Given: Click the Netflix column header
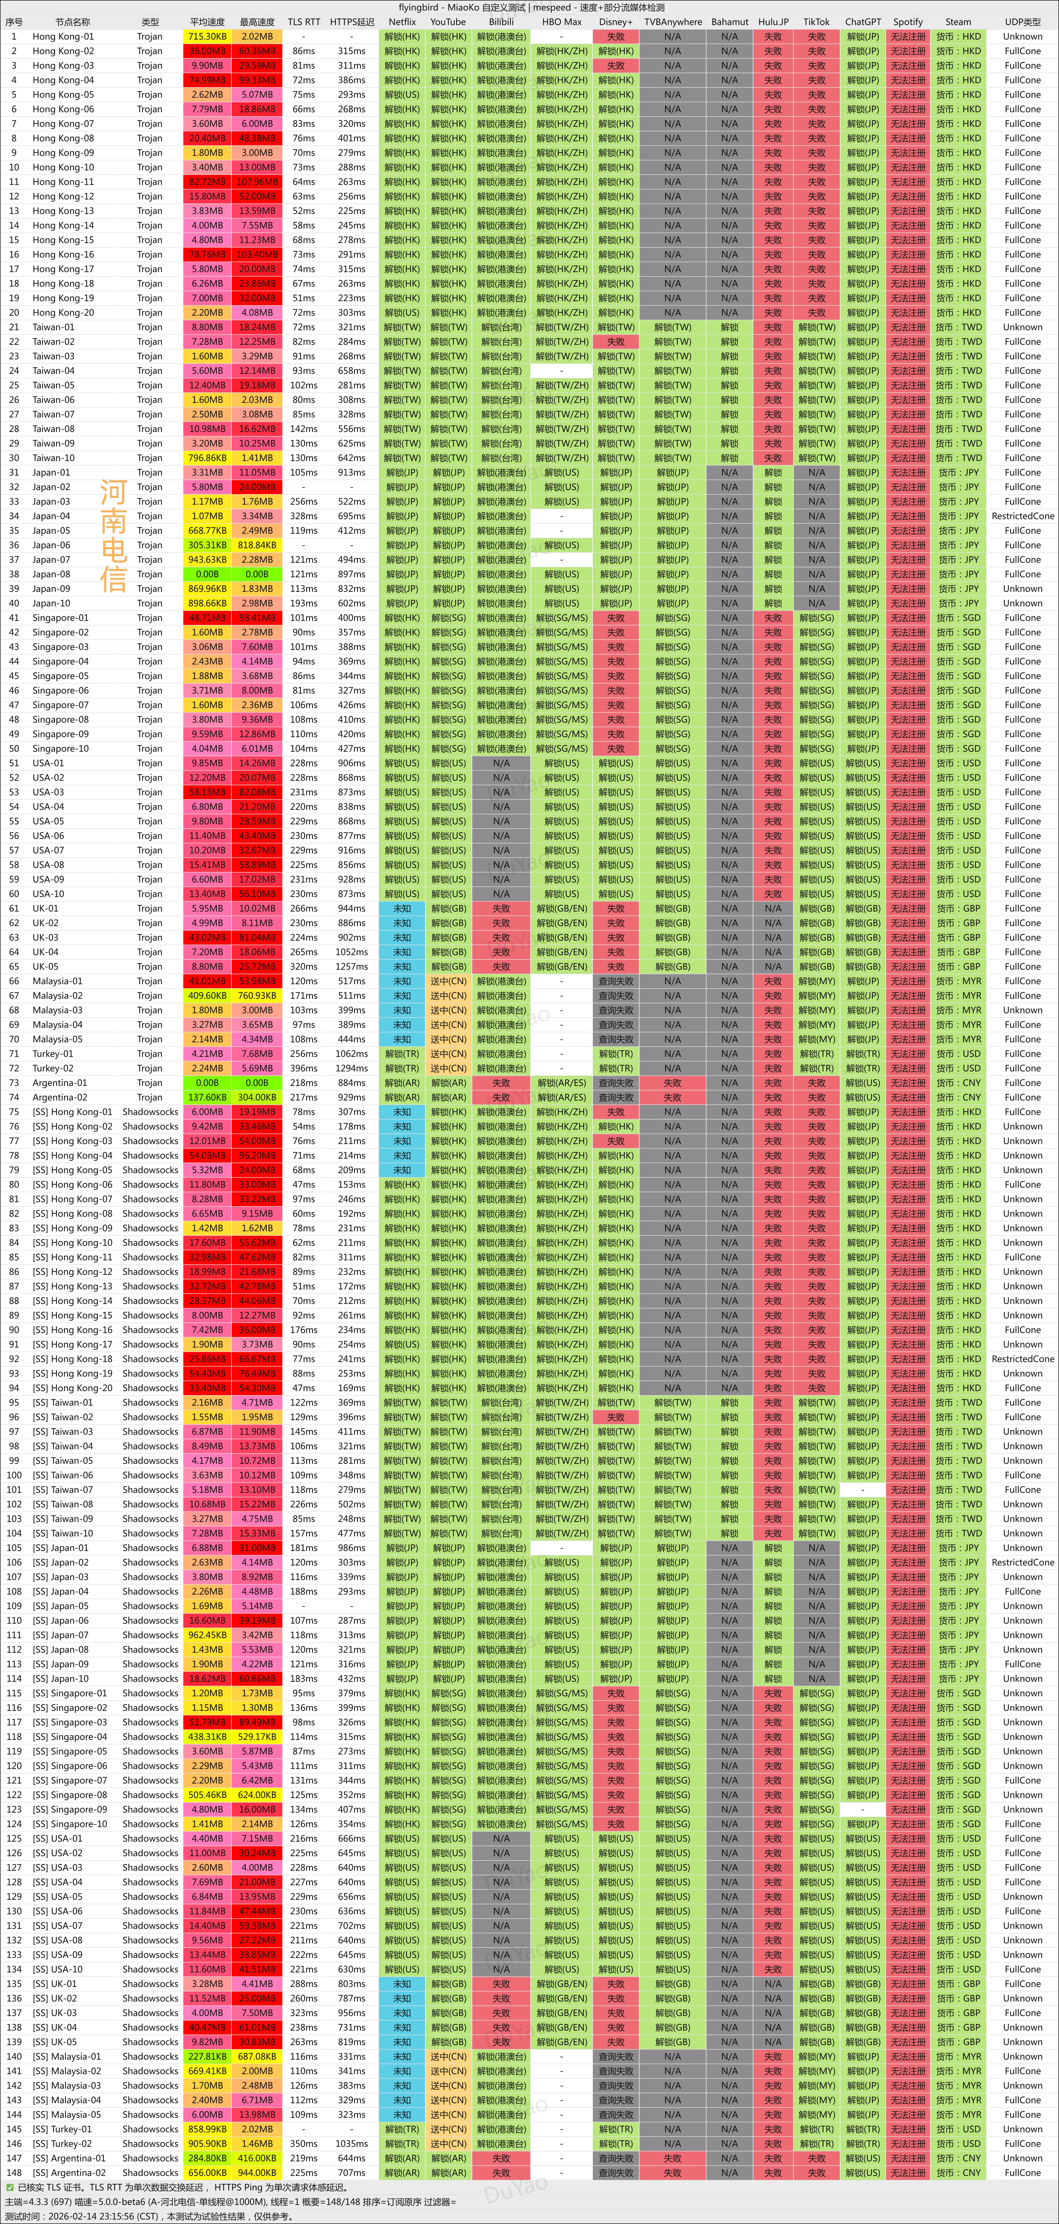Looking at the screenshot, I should pos(402,22).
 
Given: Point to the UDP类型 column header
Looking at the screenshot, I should pos(1023,22).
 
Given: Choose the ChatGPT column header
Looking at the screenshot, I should pos(862,22).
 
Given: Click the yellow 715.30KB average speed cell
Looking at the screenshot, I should pos(207,36).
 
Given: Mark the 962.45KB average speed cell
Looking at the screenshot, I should pos(207,1634).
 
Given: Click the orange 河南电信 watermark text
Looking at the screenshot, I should pos(113,535).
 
